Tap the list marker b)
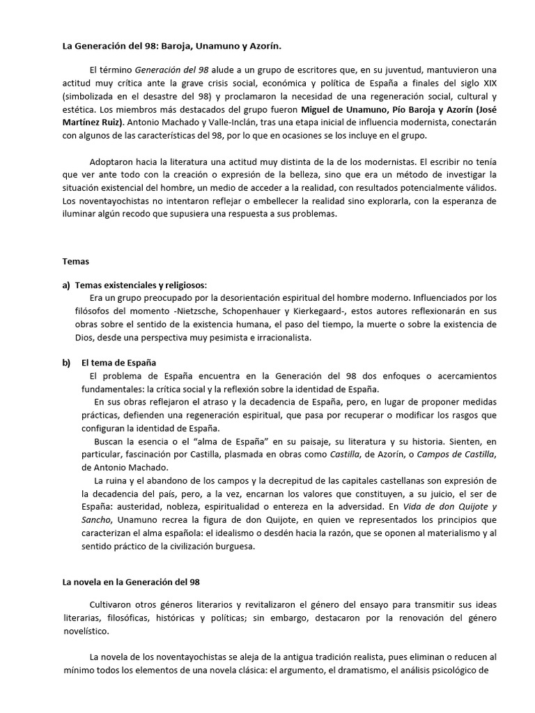click(67, 363)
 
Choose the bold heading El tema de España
click(119, 363)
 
